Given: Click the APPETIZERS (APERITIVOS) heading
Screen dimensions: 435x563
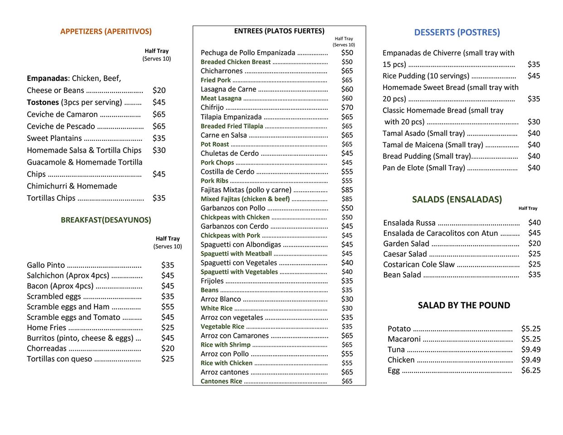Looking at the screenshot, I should click(106, 31).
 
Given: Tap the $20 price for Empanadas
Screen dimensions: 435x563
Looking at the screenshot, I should click(159, 90).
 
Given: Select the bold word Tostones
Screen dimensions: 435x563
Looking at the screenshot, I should click(43, 102).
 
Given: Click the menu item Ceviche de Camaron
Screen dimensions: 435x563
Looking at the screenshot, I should click(62, 114).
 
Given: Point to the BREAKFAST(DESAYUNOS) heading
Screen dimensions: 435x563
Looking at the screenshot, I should click(106, 220).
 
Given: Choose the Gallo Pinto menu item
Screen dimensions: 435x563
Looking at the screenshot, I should click(46, 265).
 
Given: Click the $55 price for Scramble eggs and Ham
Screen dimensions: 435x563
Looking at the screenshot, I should click(168, 307).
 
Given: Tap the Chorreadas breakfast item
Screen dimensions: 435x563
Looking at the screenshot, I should click(47, 348).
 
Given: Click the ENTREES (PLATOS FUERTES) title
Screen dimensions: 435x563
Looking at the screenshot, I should click(279, 31).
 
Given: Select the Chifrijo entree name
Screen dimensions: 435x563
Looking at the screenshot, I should click(212, 107).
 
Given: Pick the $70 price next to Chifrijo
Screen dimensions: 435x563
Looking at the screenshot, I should click(347, 107).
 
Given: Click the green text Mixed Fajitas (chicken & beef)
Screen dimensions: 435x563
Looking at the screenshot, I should click(245, 199).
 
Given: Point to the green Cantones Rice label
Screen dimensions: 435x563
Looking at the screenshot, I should click(221, 381).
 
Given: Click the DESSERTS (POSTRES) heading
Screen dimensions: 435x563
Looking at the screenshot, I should click(457, 32).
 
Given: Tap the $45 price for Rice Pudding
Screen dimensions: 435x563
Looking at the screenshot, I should click(534, 76).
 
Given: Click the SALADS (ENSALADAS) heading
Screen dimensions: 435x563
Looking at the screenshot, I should click(457, 199).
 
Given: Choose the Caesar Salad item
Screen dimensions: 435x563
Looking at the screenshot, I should click(405, 254).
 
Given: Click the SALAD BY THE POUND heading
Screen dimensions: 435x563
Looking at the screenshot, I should click(464, 305).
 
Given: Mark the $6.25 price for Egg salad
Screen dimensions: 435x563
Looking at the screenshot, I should click(531, 370).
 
